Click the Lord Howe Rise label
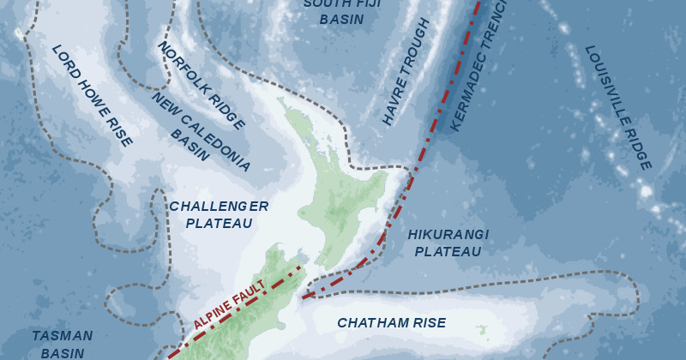pyautogui.click(x=93, y=95)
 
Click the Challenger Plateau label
pyautogui.click(x=218, y=214)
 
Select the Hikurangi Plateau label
pyautogui.click(x=448, y=243)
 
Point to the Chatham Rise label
pyautogui.click(x=391, y=323)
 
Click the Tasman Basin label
pyautogui.click(x=62, y=344)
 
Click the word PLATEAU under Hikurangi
pyautogui.click(x=448, y=252)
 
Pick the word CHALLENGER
pyautogui.click(x=219, y=206)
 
